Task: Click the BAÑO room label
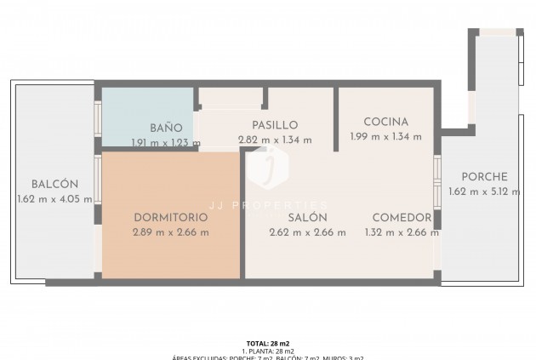click(x=166, y=128)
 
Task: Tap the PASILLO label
click(x=274, y=125)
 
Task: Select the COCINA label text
click(x=385, y=122)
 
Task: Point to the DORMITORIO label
click(x=171, y=217)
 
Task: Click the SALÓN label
click(x=307, y=217)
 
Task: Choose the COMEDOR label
click(x=402, y=217)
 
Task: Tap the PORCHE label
click(x=483, y=177)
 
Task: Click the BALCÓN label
click(x=54, y=185)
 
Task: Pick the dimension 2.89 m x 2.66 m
click(x=171, y=231)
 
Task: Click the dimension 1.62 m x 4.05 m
click(x=54, y=199)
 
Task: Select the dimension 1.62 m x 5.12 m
click(x=483, y=191)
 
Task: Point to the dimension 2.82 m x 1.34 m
click(x=274, y=140)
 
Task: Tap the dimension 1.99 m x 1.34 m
click(x=385, y=136)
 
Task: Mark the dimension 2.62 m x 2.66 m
click(x=307, y=231)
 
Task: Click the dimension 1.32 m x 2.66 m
click(x=402, y=231)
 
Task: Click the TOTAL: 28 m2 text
click(x=268, y=343)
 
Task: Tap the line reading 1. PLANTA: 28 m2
click(x=268, y=351)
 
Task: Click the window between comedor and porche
click(x=437, y=182)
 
